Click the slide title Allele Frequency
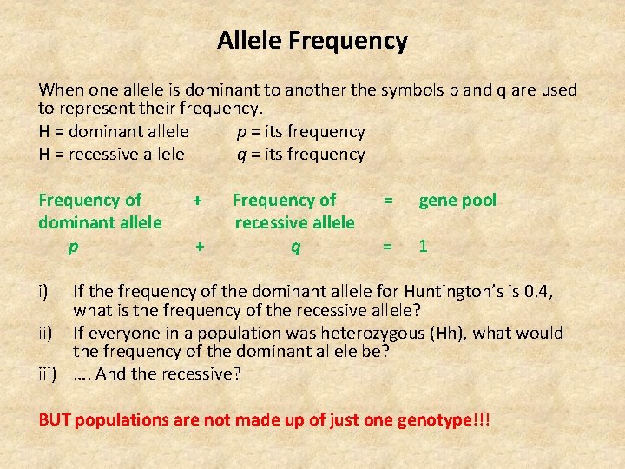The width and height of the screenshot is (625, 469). click(312, 41)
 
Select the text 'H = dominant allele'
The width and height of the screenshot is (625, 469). click(114, 132)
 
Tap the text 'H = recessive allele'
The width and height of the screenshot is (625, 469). click(111, 155)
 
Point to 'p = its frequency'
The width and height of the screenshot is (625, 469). click(300, 132)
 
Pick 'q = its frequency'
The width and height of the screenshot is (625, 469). click(300, 155)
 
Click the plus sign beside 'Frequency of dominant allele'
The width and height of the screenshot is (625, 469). click(198, 200)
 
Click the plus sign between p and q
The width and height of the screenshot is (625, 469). click(200, 246)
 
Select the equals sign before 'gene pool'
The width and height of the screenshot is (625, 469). click(388, 200)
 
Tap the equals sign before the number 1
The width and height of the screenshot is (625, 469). click(388, 246)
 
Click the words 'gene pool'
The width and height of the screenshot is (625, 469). click(457, 201)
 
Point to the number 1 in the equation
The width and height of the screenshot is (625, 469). click(423, 246)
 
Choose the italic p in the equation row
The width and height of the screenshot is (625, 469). click(74, 247)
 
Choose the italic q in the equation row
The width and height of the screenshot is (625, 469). click(295, 247)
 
